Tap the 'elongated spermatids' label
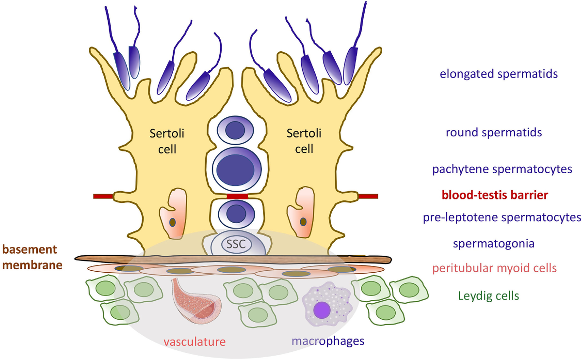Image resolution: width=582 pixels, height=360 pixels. pyautogui.click(x=498, y=74)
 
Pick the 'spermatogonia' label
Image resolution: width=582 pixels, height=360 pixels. pyautogui.click(x=494, y=244)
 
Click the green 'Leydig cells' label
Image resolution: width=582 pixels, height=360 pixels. pyautogui.click(x=489, y=295)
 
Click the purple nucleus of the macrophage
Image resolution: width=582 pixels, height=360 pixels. pyautogui.click(x=322, y=309)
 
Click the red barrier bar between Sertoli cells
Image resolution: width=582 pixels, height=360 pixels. pyautogui.click(x=238, y=196)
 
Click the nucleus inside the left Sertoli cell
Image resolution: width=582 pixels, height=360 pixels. pyautogui.click(x=172, y=222)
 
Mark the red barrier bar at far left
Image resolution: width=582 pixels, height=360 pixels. pyautogui.click(x=103, y=196)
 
